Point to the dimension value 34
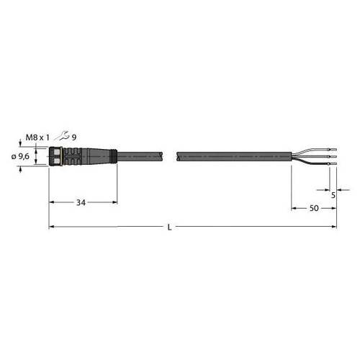81,203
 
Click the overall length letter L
168,228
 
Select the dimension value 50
314,208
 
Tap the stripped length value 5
333,194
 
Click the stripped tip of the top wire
333,148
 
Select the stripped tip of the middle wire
333,156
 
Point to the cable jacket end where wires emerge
291,155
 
